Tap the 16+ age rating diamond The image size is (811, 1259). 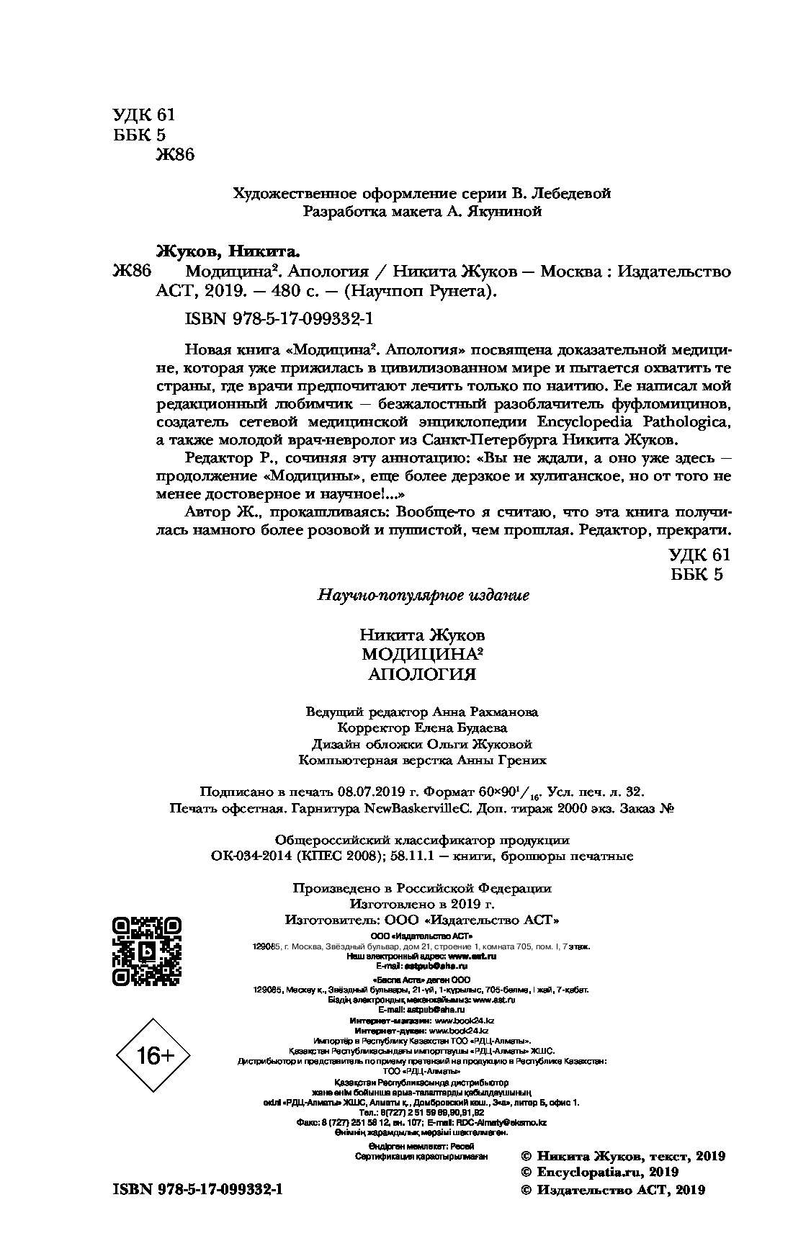click(x=156, y=1056)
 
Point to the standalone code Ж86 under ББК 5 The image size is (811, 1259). click(x=175, y=155)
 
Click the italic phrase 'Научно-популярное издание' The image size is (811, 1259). click(x=424, y=595)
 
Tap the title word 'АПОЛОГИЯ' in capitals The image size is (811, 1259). click(x=422, y=674)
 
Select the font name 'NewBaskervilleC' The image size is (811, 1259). click(x=416, y=808)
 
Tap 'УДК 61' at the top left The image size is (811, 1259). click(x=144, y=115)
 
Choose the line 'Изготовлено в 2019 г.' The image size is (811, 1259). click(x=422, y=904)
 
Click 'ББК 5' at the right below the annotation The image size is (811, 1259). click(x=695, y=573)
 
